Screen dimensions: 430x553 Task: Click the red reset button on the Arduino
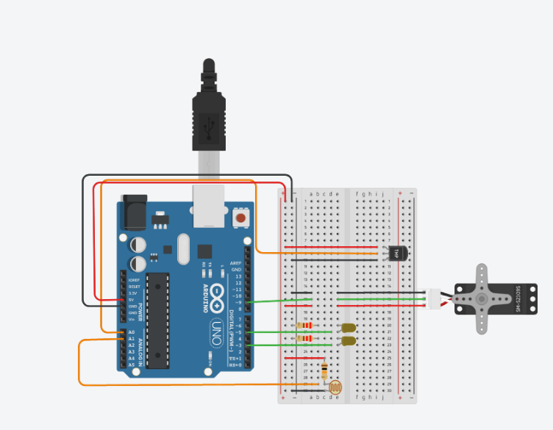(x=240, y=218)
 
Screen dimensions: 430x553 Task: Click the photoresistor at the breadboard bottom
(x=335, y=386)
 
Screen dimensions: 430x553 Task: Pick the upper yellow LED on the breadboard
(x=349, y=328)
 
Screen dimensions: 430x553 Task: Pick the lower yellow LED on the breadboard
(x=348, y=341)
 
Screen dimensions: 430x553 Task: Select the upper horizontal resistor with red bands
(x=304, y=326)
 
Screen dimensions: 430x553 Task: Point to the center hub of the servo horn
(x=482, y=298)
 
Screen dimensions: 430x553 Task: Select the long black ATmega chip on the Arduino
(x=157, y=319)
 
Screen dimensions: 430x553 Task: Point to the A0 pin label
(x=131, y=332)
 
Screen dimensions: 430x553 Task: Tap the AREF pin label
(x=235, y=262)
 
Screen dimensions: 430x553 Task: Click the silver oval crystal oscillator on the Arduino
(x=183, y=248)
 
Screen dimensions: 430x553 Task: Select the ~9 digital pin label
(x=236, y=302)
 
